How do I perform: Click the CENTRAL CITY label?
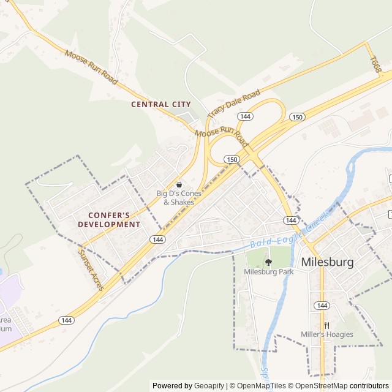point(161,104)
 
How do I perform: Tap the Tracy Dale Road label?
point(233,104)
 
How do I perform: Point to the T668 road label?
point(375,65)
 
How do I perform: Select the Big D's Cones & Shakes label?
point(175,198)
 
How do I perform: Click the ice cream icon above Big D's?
point(179,184)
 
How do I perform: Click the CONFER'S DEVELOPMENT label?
point(109,219)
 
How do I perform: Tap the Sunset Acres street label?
point(91,269)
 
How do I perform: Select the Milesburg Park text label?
point(268,271)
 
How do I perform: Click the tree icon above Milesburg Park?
point(268,262)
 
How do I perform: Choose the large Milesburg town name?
point(327,262)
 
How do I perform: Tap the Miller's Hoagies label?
point(326,334)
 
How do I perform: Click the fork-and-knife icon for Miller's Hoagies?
point(326,325)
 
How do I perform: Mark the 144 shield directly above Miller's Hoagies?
point(321,305)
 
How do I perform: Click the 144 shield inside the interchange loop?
point(245,116)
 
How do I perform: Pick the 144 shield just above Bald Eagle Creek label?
point(291,220)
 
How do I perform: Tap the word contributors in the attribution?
point(370,386)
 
